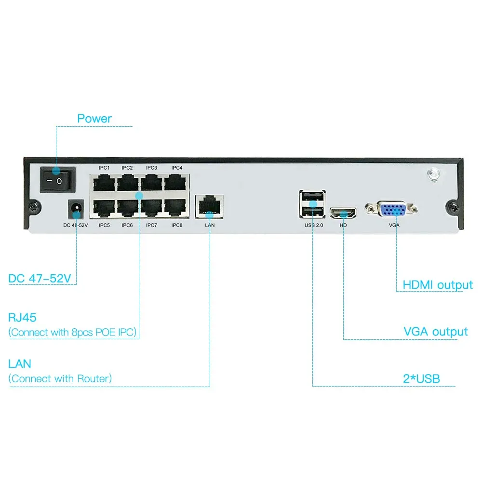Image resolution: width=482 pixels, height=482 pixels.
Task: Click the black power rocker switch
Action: [58, 180]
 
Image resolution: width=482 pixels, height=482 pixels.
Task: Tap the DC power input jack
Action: [76, 209]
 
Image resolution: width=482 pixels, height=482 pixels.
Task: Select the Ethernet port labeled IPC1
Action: [104, 183]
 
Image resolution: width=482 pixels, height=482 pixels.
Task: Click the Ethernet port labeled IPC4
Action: [175, 183]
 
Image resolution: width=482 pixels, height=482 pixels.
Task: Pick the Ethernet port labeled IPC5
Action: [104, 208]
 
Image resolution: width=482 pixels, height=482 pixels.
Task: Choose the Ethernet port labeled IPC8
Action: [175, 208]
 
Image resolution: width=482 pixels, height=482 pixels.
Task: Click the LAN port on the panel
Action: [209, 207]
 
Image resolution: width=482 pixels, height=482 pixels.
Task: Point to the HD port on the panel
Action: [343, 213]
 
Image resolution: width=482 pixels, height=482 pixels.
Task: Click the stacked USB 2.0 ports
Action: [312, 204]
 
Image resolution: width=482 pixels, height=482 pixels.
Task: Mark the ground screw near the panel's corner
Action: [434, 174]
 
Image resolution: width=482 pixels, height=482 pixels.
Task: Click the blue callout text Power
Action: [94, 119]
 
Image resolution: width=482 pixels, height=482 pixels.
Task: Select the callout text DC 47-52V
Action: [40, 279]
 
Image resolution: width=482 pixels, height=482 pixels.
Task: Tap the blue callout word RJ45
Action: [22, 318]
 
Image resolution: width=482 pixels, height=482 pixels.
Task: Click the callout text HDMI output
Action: [438, 285]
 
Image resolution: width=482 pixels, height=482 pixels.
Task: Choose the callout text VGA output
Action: [436, 332]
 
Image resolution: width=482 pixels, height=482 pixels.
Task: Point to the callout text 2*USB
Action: [421, 379]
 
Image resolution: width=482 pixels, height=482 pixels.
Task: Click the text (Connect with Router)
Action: [60, 378]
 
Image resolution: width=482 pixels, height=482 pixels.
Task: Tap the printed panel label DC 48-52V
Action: [76, 225]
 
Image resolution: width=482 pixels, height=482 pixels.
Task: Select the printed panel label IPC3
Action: [151, 168]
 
